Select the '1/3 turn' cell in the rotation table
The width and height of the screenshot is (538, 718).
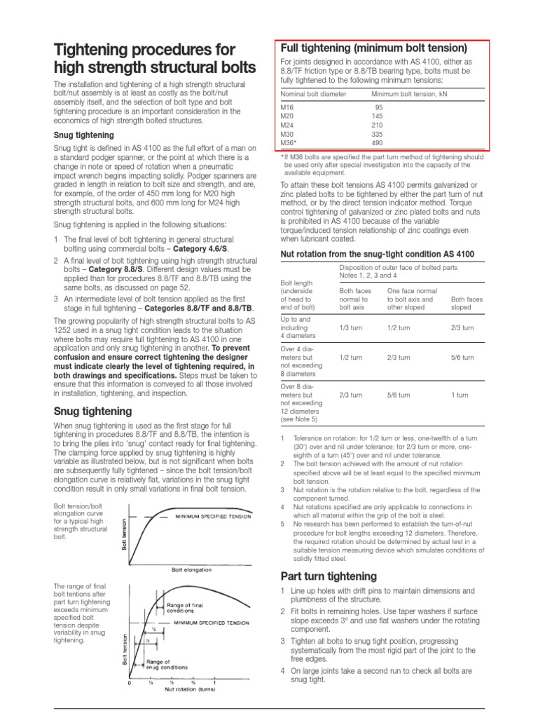point(350,327)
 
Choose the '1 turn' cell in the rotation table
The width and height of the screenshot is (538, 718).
point(460,395)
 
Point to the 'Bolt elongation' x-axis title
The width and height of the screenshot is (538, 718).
point(191,570)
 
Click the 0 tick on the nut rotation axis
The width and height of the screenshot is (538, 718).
point(130,683)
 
